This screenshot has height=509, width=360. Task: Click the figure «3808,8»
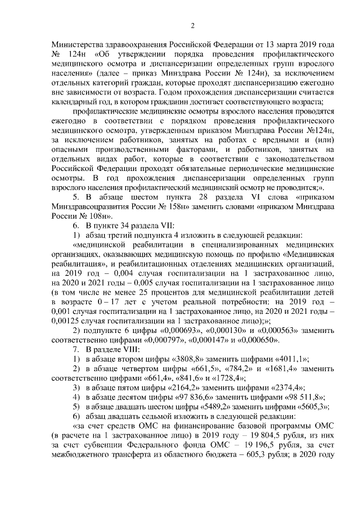(188, 359)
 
